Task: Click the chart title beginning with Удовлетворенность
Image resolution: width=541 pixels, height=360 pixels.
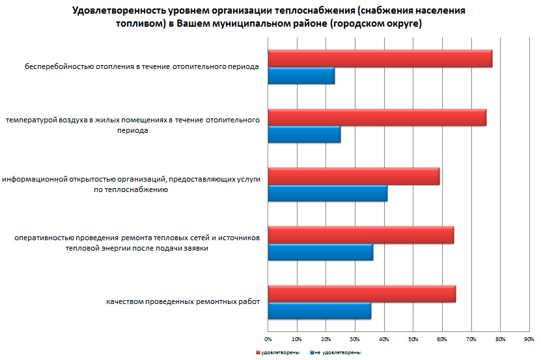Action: (x=270, y=18)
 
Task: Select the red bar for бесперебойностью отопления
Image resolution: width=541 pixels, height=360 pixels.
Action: (x=380, y=59)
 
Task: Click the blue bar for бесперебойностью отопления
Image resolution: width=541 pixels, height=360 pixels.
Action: (x=301, y=76)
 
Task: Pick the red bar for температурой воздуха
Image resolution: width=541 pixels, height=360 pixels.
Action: (x=377, y=117)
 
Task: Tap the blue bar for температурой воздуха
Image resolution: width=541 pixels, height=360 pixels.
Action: (x=304, y=135)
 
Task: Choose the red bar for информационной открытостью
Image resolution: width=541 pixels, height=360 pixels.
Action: (x=354, y=176)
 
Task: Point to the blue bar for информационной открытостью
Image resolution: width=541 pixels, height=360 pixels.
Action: (x=327, y=193)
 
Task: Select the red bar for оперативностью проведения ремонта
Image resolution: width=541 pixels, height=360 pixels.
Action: (x=361, y=235)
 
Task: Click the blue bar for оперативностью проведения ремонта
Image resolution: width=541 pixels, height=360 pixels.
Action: (x=320, y=252)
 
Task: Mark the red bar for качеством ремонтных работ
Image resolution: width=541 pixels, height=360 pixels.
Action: (x=361, y=294)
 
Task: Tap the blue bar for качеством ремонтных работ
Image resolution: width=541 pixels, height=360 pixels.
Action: (x=319, y=311)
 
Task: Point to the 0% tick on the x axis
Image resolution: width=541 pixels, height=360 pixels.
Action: (x=268, y=339)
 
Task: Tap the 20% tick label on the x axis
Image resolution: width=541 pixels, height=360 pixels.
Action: (x=326, y=339)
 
